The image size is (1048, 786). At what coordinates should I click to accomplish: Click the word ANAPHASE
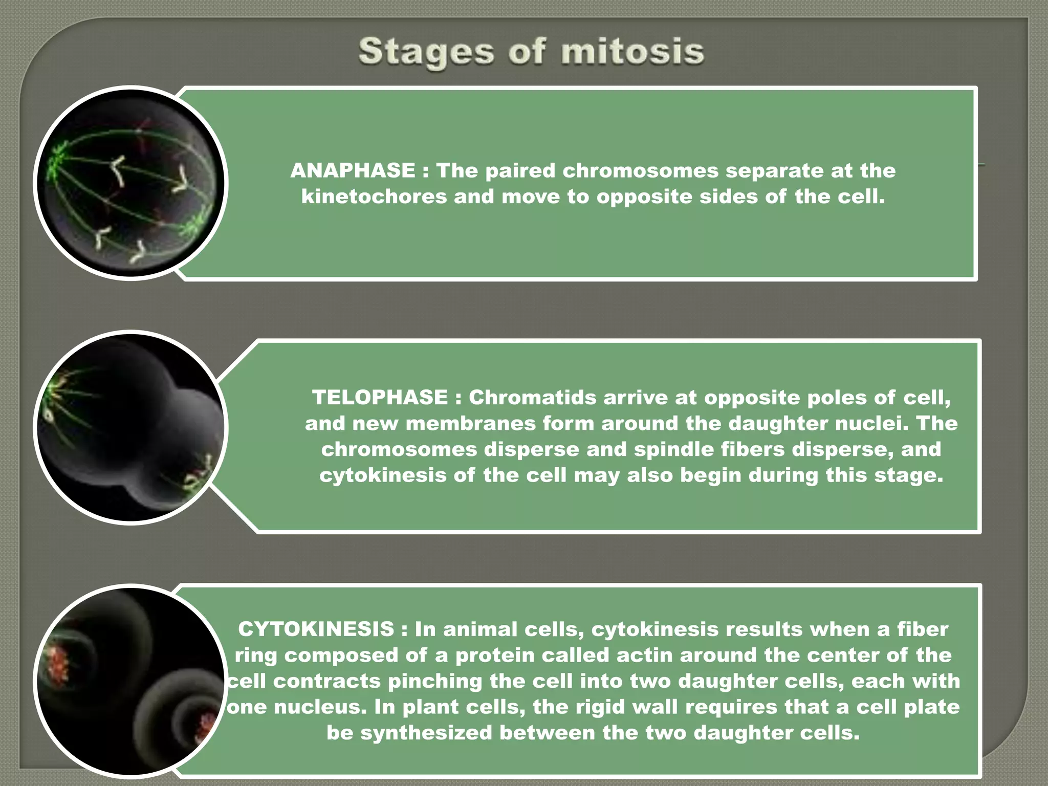point(353,170)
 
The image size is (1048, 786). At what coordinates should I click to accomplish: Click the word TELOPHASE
point(380,397)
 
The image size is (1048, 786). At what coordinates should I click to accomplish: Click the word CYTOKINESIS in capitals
point(316,629)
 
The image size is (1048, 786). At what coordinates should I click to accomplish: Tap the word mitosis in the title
point(632,52)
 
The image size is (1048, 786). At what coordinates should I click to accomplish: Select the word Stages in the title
point(426,53)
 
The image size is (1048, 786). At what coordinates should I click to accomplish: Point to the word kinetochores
point(374,196)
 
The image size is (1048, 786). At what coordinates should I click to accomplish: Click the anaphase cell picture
point(131,183)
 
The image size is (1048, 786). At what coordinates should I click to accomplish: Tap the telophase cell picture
point(131,427)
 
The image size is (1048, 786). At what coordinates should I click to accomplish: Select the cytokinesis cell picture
point(131,681)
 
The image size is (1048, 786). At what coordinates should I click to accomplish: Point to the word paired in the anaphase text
point(520,170)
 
